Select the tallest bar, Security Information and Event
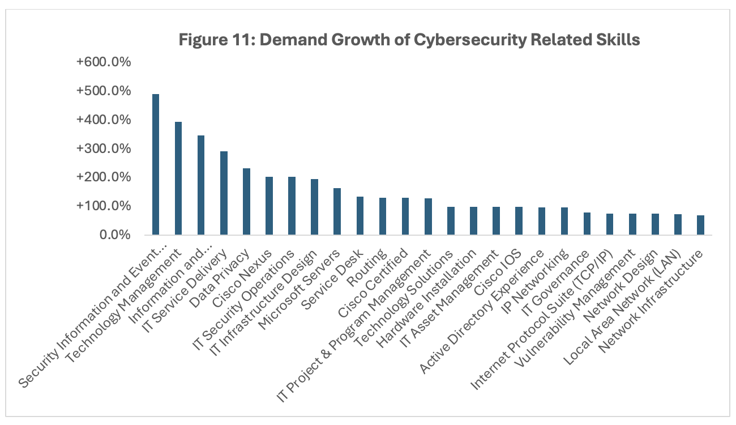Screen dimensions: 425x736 [155, 164]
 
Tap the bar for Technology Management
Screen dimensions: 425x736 [178, 178]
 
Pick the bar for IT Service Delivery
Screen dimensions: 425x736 [224, 193]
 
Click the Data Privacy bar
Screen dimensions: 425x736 [246, 201]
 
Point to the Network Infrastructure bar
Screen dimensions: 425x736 [700, 225]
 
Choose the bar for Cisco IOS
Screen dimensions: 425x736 [519, 221]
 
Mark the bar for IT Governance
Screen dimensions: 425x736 [587, 223]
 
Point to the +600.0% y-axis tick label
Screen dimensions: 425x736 [104, 62]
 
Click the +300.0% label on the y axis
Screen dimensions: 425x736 [104, 148]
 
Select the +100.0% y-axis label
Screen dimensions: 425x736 [104, 206]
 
